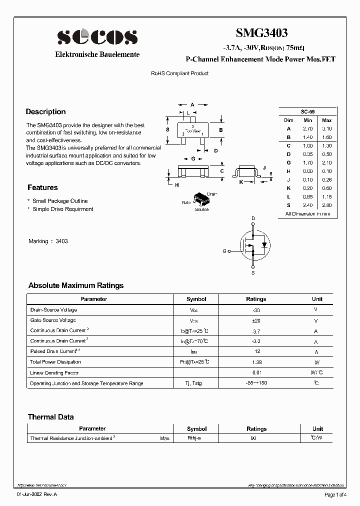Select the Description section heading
click(45, 111)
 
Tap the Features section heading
click(42, 187)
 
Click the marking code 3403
click(61, 241)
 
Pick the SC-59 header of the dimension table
click(307, 111)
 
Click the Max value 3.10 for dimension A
click(326, 128)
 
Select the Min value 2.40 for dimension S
click(307, 205)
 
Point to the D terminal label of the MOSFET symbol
click(253, 218)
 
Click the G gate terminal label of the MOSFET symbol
click(224, 251)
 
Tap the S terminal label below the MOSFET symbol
click(253, 273)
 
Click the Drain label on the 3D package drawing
click(212, 193)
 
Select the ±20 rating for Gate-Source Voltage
click(256, 320)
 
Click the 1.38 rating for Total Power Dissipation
click(256, 362)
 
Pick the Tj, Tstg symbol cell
click(196, 383)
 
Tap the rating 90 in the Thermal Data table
click(254, 438)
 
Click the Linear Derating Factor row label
click(54, 372)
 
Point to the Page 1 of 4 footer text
click(335, 494)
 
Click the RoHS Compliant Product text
click(179, 73)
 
